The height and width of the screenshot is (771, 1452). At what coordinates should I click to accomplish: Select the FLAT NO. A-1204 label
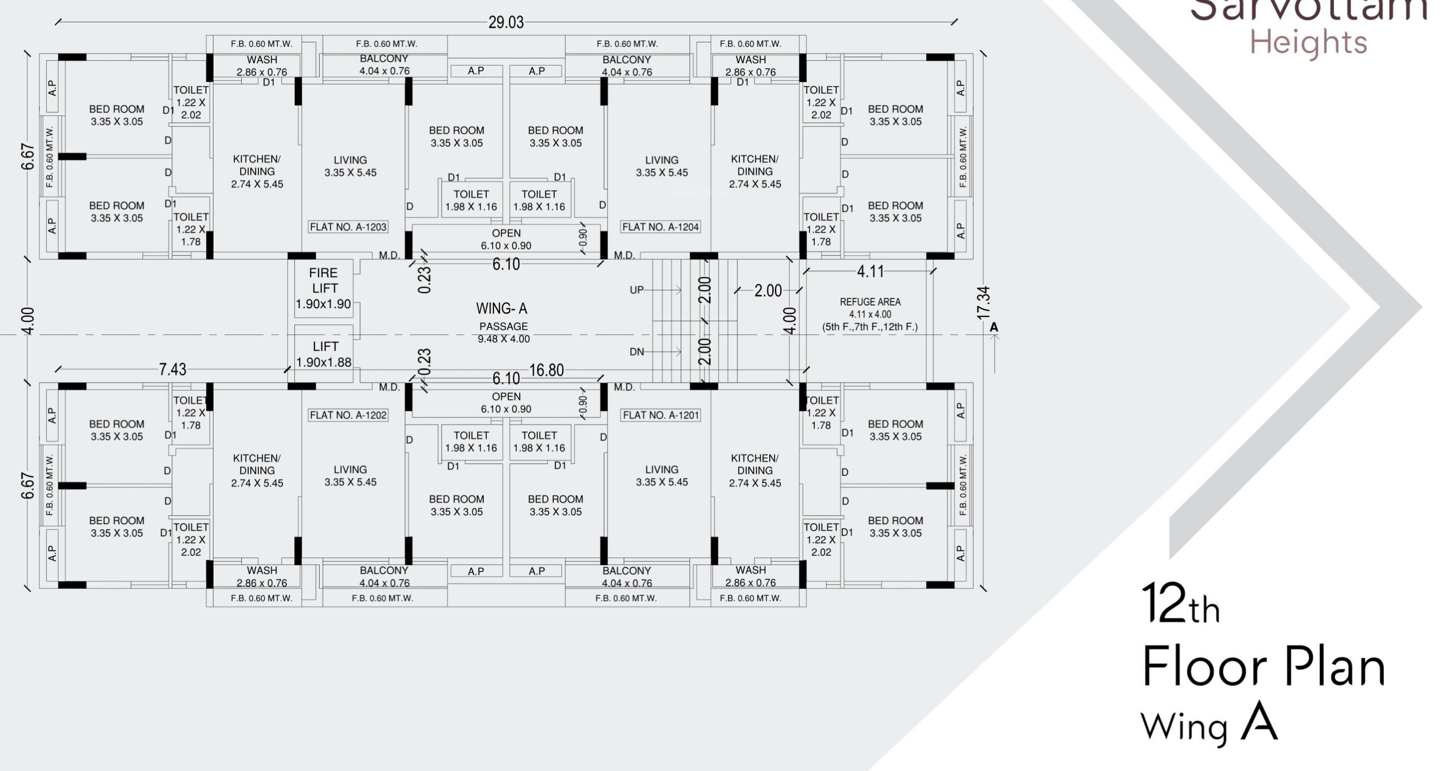[660, 227]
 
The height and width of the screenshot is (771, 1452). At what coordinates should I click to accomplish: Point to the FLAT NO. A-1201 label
[660, 415]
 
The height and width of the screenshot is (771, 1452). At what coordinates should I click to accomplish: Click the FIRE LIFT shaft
[323, 288]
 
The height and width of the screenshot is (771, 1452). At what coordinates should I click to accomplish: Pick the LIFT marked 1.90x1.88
[324, 354]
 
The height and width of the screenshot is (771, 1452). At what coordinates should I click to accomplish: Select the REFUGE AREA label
[870, 302]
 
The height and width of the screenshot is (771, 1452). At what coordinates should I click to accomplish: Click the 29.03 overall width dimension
[506, 22]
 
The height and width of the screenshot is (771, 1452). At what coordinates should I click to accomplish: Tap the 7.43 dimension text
[173, 369]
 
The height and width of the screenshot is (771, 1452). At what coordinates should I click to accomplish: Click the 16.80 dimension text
[546, 370]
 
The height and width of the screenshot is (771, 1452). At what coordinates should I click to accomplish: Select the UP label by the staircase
[636, 290]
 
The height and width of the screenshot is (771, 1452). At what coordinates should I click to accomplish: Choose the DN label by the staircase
[636, 352]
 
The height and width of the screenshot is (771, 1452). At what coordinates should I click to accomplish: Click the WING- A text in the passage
[502, 308]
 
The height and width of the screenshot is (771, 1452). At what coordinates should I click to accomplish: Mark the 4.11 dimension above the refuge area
[870, 272]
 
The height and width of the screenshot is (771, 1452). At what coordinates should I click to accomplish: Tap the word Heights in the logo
[1308, 42]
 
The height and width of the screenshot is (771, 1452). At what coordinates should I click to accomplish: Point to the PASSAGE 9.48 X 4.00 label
[503, 332]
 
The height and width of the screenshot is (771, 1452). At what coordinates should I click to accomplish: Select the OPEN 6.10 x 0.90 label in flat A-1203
[506, 239]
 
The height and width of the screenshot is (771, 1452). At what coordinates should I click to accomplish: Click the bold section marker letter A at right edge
[994, 327]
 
